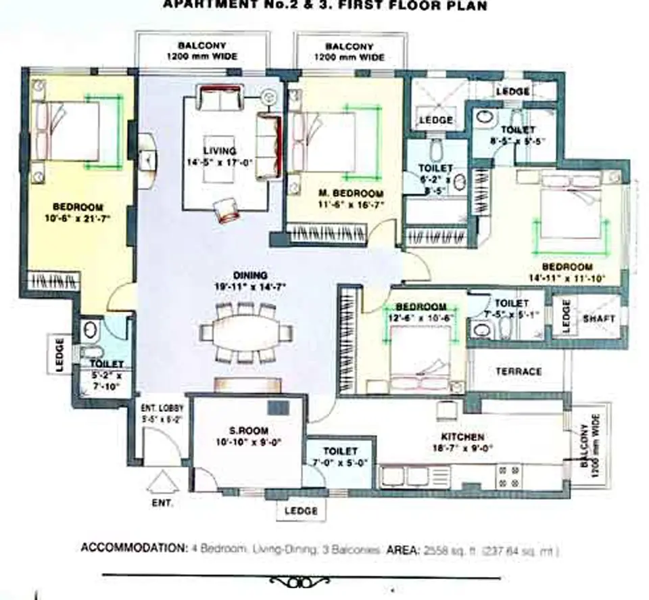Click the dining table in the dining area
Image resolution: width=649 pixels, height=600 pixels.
coord(247,332)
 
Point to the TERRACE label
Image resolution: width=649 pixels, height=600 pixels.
coord(519,371)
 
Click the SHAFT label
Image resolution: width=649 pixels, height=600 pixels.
coord(598,318)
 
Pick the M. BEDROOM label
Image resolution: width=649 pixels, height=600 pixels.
coord(351,193)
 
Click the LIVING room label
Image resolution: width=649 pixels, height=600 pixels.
coord(220,151)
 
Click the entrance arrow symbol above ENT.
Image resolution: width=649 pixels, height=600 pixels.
coord(162,483)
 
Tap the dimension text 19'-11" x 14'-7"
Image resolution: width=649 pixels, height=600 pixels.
coord(249,287)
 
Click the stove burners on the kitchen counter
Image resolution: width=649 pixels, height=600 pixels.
coord(508,476)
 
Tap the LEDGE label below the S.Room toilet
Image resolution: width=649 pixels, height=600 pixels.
coord(300,511)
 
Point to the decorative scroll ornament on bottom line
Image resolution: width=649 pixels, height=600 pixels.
coord(301,581)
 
